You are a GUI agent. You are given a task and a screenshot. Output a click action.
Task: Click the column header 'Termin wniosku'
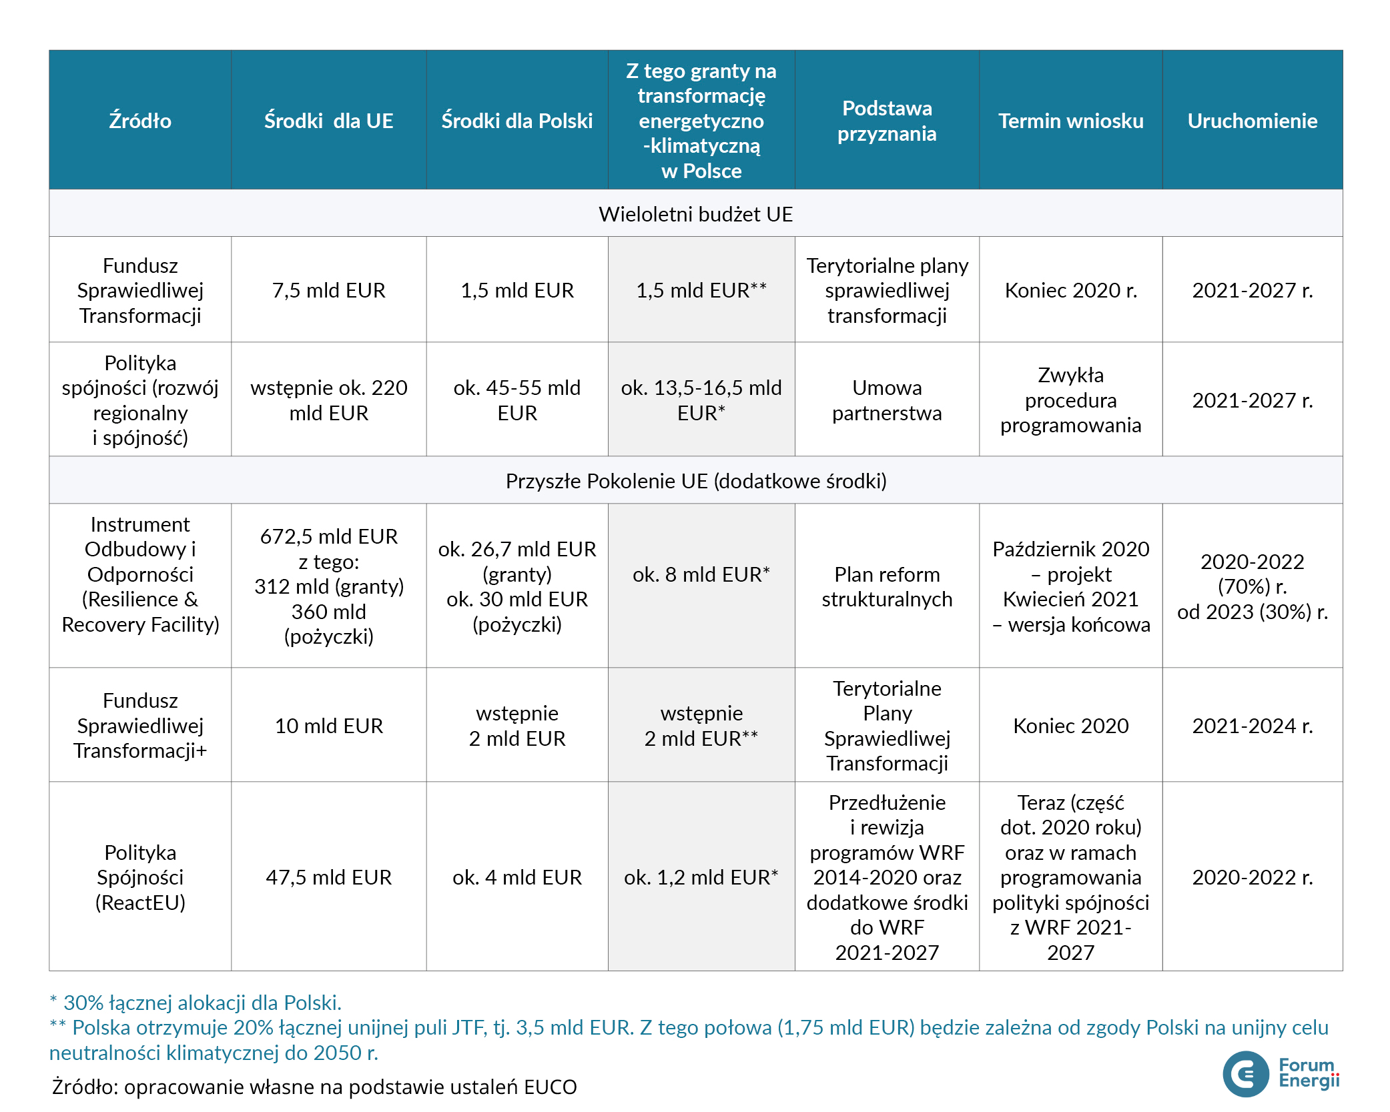(1070, 121)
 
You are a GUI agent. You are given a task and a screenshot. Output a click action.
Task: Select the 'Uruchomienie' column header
(1252, 121)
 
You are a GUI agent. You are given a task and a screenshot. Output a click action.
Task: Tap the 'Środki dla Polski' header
(516, 121)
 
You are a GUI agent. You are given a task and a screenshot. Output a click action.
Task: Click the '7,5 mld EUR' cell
(328, 290)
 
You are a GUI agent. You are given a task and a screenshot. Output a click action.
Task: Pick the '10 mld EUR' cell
(328, 726)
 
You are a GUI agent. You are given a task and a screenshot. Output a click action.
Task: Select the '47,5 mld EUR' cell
(328, 877)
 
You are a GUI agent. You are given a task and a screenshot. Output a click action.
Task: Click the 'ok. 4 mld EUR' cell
(516, 877)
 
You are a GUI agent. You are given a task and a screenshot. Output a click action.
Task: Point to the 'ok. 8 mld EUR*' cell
(701, 574)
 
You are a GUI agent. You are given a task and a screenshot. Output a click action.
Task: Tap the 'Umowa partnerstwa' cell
(887, 400)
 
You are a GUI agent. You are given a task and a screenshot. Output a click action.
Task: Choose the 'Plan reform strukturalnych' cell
(887, 587)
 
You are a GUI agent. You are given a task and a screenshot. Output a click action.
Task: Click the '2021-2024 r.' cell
(1252, 726)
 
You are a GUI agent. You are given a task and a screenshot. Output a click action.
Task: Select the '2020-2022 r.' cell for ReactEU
(1252, 877)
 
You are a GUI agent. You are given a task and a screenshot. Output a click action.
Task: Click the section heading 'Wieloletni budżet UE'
(695, 214)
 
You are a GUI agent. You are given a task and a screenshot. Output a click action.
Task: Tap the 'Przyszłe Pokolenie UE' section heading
(695, 481)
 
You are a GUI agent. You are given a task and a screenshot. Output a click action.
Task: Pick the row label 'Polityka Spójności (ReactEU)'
(140, 877)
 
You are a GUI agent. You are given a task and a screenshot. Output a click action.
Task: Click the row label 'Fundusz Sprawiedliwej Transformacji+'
(140, 726)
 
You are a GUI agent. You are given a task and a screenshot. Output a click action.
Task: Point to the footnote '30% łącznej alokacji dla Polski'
(196, 1003)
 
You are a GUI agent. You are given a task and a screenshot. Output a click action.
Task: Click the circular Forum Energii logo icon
(1245, 1074)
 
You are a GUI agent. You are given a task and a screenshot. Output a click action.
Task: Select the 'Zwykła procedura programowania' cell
(1070, 400)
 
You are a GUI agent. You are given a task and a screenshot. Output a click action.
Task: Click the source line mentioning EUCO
(314, 1087)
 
